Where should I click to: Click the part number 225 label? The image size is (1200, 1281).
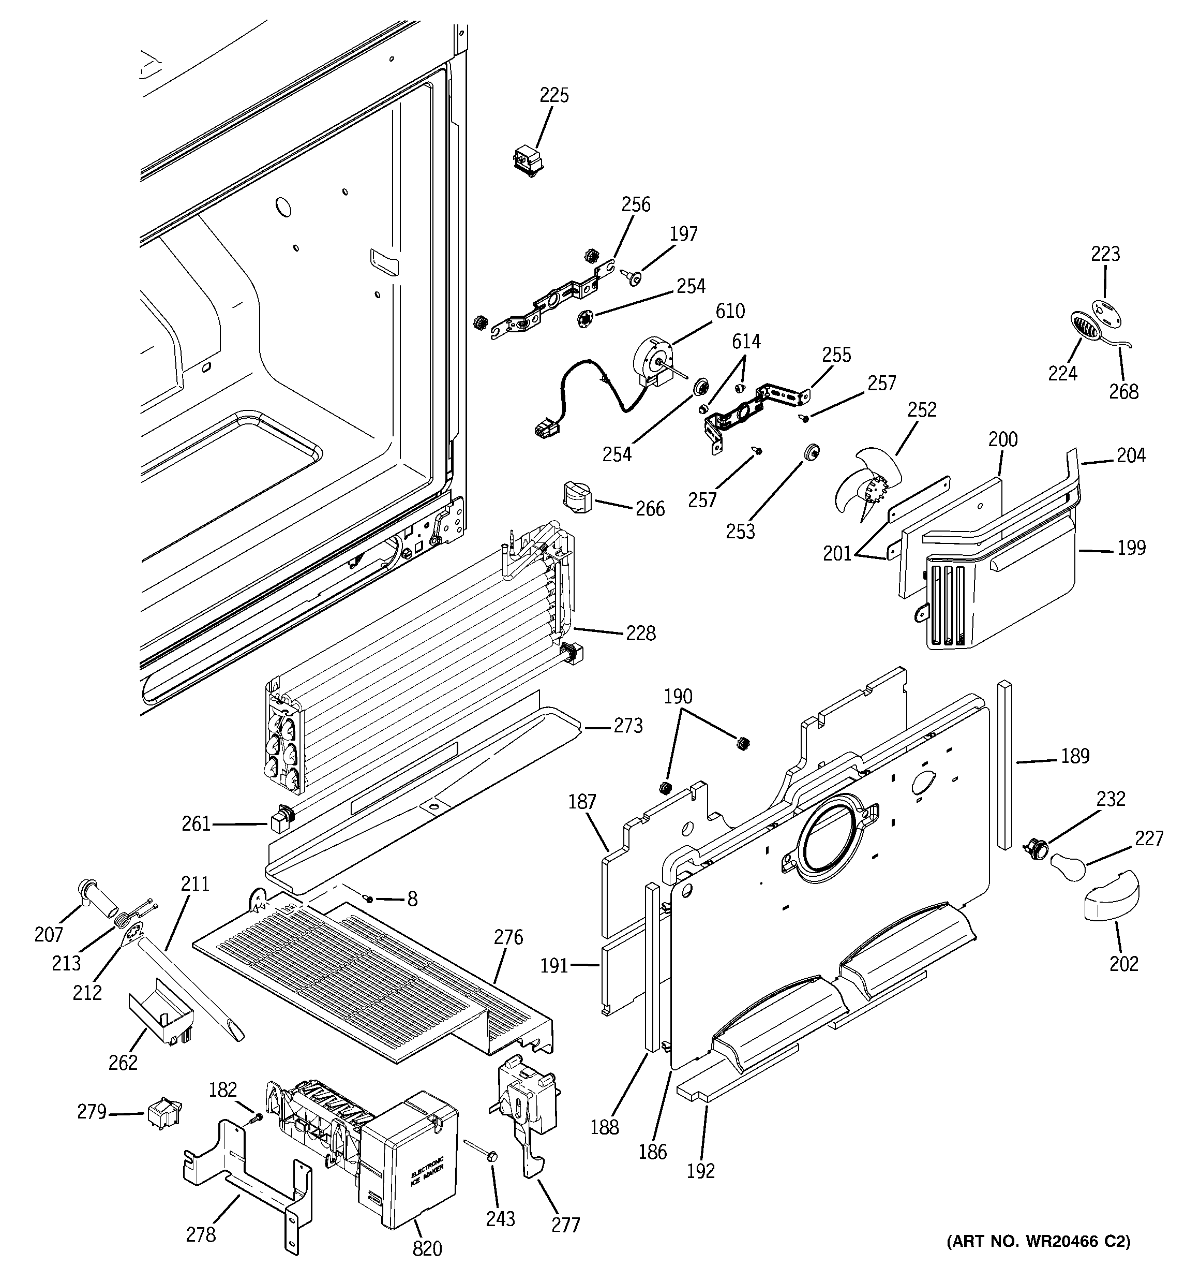coord(553,95)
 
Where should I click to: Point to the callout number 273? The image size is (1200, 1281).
coord(627,726)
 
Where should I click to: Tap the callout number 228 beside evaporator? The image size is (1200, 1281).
coord(640,633)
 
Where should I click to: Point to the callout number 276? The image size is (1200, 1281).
coord(508,937)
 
